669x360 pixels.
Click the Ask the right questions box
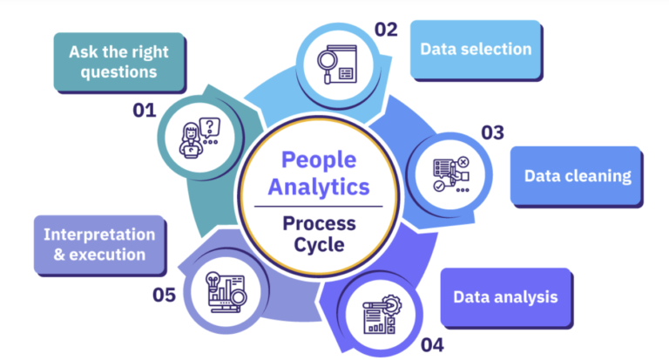pyautogui.click(x=119, y=62)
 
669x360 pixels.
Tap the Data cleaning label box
pyautogui.click(x=577, y=175)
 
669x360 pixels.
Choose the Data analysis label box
pyautogui.click(x=504, y=296)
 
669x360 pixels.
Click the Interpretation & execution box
pyautogui.click(x=99, y=244)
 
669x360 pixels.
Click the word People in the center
pyautogui.click(x=318, y=160)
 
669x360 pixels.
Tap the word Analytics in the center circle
pyautogui.click(x=318, y=186)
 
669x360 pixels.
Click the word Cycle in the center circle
pyautogui.click(x=318, y=245)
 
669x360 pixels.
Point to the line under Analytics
pyautogui.click(x=318, y=206)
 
